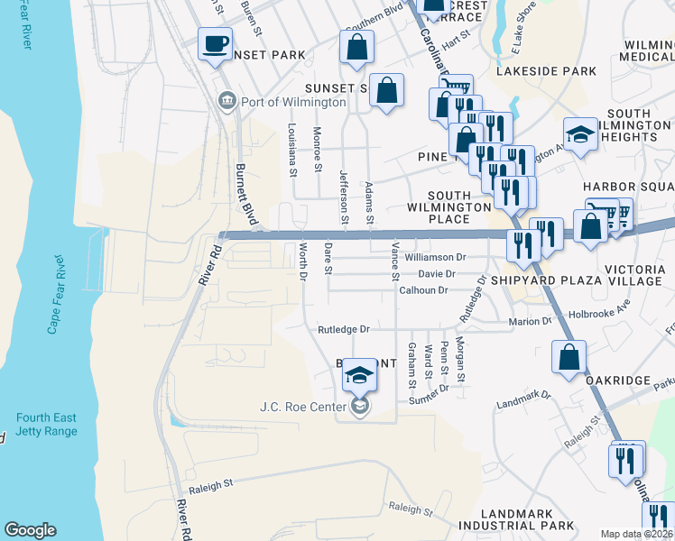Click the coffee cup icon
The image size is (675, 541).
(215, 44)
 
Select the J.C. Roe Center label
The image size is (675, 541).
(304, 408)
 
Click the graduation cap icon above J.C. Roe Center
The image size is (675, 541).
(359, 377)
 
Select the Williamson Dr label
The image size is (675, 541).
(434, 257)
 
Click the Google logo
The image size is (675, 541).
(30, 530)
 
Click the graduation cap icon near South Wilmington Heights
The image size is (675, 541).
(581, 134)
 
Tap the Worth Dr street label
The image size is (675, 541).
(303, 260)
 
